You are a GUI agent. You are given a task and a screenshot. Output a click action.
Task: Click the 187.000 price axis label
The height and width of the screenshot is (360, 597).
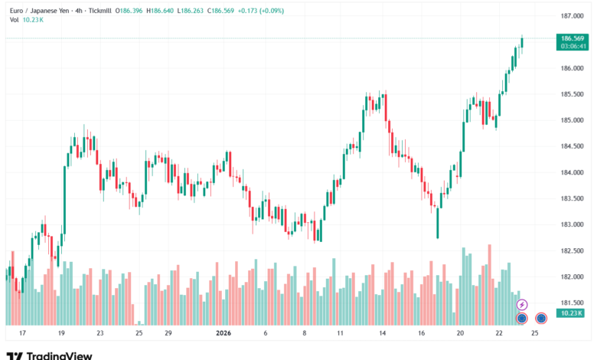point(573,16)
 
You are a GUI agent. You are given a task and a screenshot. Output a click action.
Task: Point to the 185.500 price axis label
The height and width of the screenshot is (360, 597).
point(573,94)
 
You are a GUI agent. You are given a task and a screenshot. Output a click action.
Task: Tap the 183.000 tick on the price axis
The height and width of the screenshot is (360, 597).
point(573,224)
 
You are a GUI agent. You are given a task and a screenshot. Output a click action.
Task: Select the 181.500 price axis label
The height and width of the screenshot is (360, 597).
point(573,303)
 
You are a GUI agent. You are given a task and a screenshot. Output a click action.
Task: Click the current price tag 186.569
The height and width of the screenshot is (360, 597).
point(573,38)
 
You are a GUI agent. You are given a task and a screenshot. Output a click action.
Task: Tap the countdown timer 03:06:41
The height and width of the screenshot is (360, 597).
point(573,46)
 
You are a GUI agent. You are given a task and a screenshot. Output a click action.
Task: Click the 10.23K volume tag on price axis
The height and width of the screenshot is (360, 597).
point(571,313)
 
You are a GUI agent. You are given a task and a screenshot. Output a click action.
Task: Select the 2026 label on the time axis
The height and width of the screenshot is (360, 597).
point(223,334)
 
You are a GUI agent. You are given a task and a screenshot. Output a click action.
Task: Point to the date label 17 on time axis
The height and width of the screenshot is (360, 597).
point(23,334)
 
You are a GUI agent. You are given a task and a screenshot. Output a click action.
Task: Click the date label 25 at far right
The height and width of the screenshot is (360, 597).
point(534,334)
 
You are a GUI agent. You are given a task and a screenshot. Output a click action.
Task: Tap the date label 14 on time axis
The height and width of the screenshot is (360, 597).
point(381,334)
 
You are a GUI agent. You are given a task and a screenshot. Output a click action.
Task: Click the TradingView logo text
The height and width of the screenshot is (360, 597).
point(60,355)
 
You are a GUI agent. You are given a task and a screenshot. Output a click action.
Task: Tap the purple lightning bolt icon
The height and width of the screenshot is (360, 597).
point(523,305)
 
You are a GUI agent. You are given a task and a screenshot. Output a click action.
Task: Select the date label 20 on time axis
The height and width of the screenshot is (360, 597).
point(461,334)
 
